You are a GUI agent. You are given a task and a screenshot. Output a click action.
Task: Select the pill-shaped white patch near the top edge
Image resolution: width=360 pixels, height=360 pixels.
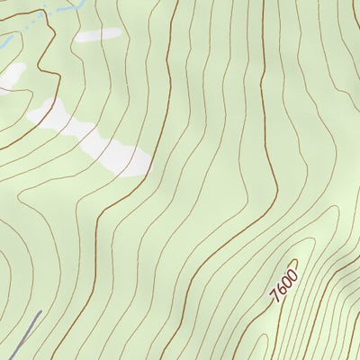[x=98, y=36]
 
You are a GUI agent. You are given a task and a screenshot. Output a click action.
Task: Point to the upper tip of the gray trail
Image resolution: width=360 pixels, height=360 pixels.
[x=40, y=313]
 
